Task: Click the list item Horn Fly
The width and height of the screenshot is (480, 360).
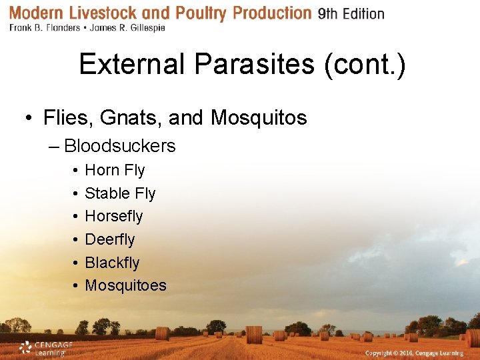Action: click(x=115, y=171)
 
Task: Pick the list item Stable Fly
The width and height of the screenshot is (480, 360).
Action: click(x=120, y=193)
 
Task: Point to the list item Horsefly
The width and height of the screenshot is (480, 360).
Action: click(x=114, y=217)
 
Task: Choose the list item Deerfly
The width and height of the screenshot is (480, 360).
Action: click(x=110, y=239)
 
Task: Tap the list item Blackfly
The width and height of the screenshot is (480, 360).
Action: click(x=112, y=263)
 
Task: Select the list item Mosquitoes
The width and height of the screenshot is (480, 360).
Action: click(x=125, y=285)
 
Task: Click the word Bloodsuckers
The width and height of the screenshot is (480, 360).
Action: click(x=119, y=146)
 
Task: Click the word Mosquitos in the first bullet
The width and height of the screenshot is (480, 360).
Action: click(x=259, y=118)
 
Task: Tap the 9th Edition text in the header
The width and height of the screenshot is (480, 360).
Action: click(x=351, y=14)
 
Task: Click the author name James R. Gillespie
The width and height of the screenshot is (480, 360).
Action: click(x=128, y=29)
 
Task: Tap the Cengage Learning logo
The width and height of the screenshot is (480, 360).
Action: click(x=45, y=347)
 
